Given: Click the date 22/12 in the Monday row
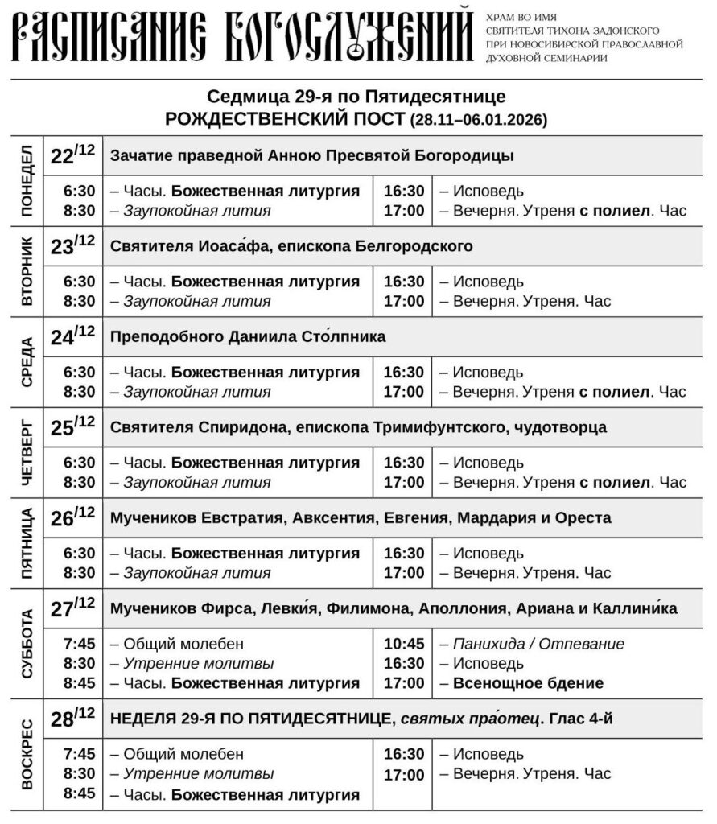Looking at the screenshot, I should point(72,155).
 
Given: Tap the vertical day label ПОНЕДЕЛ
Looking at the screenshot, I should point(27,181).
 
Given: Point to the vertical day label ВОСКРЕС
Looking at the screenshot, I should point(27,756).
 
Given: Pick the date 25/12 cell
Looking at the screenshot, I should point(72,427).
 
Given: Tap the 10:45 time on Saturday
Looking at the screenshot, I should point(403,645).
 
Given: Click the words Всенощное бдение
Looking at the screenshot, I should point(528,684).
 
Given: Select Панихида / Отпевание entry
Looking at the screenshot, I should point(538,645).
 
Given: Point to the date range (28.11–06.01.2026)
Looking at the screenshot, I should point(479,120).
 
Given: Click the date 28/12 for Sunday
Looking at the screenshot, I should point(72,719).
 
